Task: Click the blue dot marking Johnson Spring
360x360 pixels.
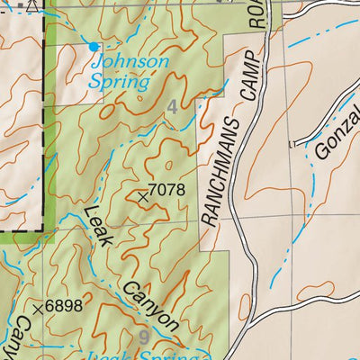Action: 94,44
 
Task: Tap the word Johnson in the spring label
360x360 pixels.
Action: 130,62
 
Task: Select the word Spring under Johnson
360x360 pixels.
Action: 119,81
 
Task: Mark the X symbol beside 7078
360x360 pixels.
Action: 142,194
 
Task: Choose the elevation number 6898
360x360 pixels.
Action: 64,306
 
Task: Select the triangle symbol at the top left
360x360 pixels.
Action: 33,4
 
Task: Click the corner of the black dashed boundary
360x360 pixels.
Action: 42,231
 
